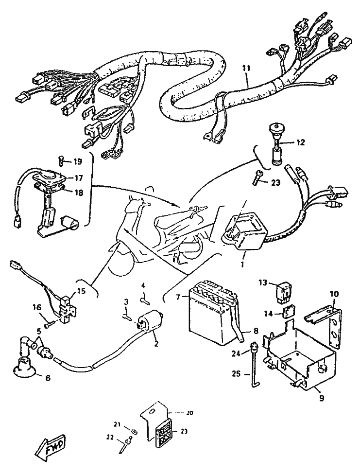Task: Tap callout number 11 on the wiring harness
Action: coord(247,68)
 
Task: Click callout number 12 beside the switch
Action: coord(301,142)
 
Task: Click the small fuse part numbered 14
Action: coord(288,312)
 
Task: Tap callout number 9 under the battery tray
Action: coord(321,398)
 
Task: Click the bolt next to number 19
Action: coord(61,160)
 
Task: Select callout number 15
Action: coord(81,291)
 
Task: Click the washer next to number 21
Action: coord(134,431)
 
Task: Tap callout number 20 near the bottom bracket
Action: coord(189,413)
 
